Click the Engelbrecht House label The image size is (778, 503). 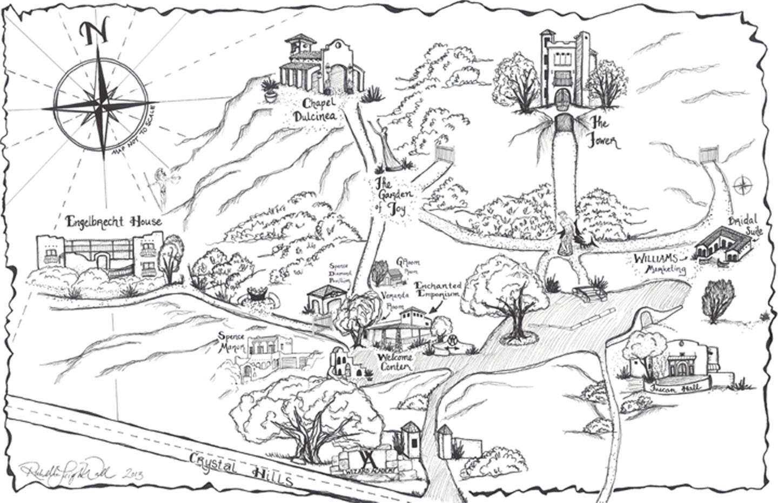tap(113, 221)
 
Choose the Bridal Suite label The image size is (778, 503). tap(745, 227)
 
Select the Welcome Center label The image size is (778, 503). tap(394, 362)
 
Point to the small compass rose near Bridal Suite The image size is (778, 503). tap(744, 186)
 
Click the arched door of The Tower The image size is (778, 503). tap(562, 100)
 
